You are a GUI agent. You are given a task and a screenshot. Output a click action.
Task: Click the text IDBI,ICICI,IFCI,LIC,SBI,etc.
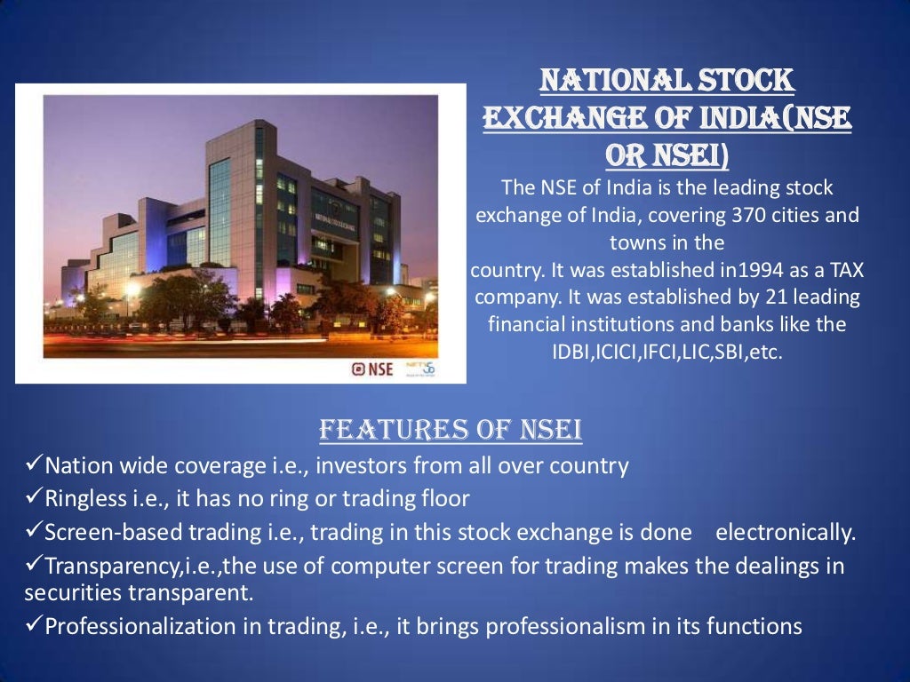click(x=667, y=353)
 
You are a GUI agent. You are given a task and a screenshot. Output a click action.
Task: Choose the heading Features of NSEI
click(x=451, y=431)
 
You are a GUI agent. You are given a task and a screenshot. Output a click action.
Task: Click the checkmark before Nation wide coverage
click(x=33, y=464)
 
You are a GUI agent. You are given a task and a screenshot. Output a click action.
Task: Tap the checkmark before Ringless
click(x=33, y=498)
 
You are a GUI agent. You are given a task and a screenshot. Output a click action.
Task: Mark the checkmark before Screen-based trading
click(x=33, y=532)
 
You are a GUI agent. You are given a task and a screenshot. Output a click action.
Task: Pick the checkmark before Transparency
click(x=33, y=566)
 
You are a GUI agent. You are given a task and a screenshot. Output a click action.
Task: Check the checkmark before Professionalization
click(x=33, y=626)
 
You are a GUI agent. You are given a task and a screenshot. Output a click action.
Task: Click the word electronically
click(x=786, y=533)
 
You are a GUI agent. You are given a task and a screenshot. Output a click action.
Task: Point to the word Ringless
click(x=85, y=499)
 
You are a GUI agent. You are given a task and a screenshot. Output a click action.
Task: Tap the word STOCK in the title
click(x=745, y=82)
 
